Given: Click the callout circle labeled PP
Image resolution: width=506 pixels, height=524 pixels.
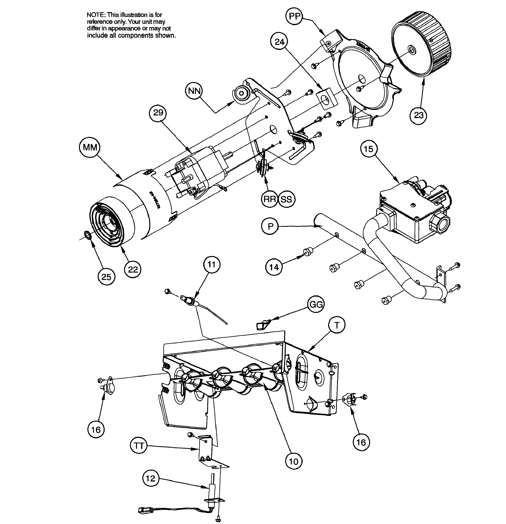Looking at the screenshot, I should (294, 16).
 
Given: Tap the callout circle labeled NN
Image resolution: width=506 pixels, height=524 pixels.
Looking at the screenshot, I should (194, 91).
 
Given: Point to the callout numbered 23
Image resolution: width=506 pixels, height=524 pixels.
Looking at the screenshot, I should (418, 115).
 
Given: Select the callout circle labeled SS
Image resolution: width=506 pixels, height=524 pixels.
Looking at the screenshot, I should (286, 199).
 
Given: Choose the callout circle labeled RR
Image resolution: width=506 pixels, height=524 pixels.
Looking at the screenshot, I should (270, 199).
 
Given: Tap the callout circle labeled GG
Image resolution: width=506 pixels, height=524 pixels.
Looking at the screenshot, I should (316, 304).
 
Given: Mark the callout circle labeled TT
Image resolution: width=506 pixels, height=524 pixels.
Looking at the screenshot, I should (139, 446).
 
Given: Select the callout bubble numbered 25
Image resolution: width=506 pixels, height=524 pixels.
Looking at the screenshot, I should (106, 277).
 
